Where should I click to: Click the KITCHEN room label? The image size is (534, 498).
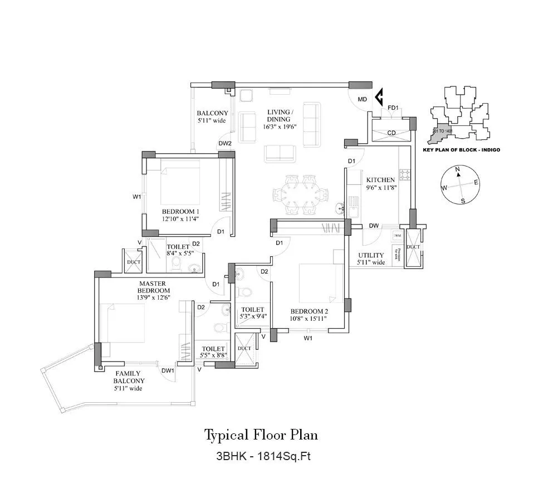click(380, 180)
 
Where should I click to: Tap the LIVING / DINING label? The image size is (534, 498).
click(278, 115)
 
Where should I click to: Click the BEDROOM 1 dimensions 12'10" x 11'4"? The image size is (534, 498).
click(180, 219)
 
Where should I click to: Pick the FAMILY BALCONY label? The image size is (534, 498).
click(128, 377)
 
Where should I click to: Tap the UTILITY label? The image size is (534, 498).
click(370, 255)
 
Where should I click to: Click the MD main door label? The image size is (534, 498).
click(362, 100)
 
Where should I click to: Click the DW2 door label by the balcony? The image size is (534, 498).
click(225, 144)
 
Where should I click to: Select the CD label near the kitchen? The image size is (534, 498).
click(391, 133)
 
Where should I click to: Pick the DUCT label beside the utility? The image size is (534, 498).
click(413, 247)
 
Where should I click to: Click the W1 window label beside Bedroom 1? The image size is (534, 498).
click(136, 196)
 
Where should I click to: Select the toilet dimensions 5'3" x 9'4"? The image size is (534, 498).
click(253, 316)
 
